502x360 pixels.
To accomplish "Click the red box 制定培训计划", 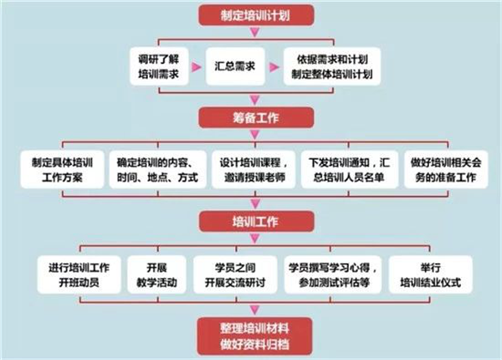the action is click(256, 15).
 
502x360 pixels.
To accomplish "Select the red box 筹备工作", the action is click(256, 118).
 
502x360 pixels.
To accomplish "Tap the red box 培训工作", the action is click(256, 221).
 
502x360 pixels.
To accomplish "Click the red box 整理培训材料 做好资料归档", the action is click(255, 337).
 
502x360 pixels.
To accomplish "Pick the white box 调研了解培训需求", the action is click(159, 66).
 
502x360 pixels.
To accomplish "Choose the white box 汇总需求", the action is click(235, 66).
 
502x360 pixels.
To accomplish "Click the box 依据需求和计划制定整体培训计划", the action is click(332, 66).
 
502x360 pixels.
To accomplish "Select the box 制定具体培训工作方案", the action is click(62, 169).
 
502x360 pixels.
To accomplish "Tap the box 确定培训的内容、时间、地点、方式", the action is click(157, 169).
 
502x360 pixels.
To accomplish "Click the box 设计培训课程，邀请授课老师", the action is click(254, 169).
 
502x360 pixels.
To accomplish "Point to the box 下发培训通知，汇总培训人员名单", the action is click(350, 169).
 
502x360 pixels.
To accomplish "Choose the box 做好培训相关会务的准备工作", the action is click(446, 169).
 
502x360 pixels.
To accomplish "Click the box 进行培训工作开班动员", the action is click(79, 275).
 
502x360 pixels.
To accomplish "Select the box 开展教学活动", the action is click(157, 275).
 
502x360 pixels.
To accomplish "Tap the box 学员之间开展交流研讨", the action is click(235, 275).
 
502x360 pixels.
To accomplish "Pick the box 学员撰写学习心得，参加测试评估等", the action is click(333, 275).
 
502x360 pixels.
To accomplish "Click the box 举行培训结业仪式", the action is click(431, 275).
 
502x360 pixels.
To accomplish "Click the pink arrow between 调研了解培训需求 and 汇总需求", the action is click(197, 67).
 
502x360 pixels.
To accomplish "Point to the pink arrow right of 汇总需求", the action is click(274, 67).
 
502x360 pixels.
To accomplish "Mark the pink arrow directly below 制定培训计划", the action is click(255, 33).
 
